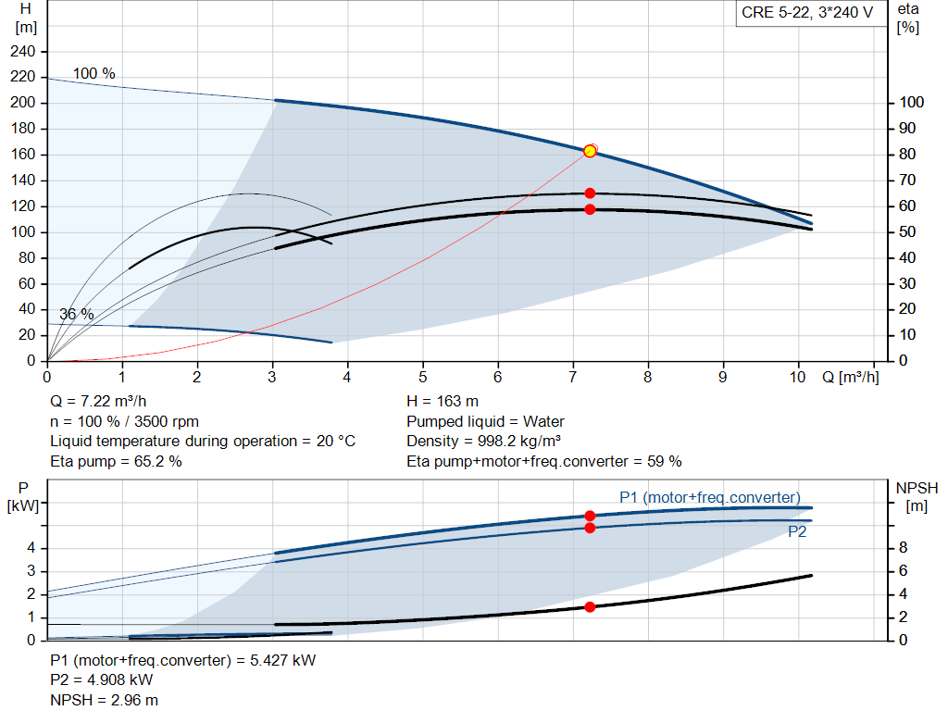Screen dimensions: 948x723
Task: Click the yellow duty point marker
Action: [590, 151]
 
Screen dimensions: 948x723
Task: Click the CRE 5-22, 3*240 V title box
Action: [807, 13]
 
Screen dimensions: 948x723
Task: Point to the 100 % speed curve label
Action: [94, 73]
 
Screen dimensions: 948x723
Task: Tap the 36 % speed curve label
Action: [77, 315]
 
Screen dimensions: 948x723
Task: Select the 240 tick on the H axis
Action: [22, 52]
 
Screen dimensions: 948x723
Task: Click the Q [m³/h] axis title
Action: [851, 377]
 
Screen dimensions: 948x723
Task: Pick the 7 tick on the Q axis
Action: [572, 377]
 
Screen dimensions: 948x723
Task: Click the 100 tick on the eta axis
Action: [911, 102]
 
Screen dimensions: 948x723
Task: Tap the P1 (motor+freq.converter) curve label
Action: [710, 497]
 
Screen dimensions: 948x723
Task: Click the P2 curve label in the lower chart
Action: [797, 532]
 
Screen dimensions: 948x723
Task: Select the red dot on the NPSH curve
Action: [590, 607]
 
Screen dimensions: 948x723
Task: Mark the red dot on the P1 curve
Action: [590, 516]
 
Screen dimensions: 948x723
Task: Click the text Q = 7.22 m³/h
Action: [98, 402]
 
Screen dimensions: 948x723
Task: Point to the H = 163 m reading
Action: [443, 402]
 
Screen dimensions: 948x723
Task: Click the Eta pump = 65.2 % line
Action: [116, 462]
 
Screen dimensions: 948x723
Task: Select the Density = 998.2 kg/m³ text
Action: [483, 442]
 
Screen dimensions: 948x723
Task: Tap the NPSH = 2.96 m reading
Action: [104, 700]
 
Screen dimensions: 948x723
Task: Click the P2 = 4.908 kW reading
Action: [102, 680]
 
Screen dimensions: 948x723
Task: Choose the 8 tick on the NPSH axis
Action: [903, 548]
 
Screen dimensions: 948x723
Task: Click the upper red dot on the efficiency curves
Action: [590, 193]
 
